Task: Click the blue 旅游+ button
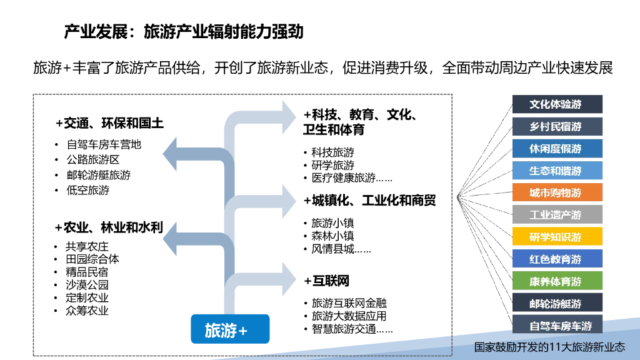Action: (x=229, y=329)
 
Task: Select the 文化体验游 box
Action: (x=557, y=104)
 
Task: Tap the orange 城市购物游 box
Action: (x=557, y=192)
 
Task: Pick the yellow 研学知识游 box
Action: (x=557, y=237)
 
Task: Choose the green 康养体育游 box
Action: (x=557, y=281)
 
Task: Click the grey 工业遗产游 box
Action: (x=557, y=214)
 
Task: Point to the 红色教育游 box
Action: (x=557, y=259)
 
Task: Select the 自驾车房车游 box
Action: (x=557, y=325)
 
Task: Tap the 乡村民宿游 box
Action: (x=557, y=126)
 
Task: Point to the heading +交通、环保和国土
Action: (x=109, y=123)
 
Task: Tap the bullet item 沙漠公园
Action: (x=87, y=285)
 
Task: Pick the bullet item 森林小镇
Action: (x=332, y=236)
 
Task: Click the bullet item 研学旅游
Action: (x=332, y=165)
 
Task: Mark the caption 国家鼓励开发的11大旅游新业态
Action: (x=549, y=347)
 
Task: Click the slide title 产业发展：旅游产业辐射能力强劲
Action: (x=184, y=31)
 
